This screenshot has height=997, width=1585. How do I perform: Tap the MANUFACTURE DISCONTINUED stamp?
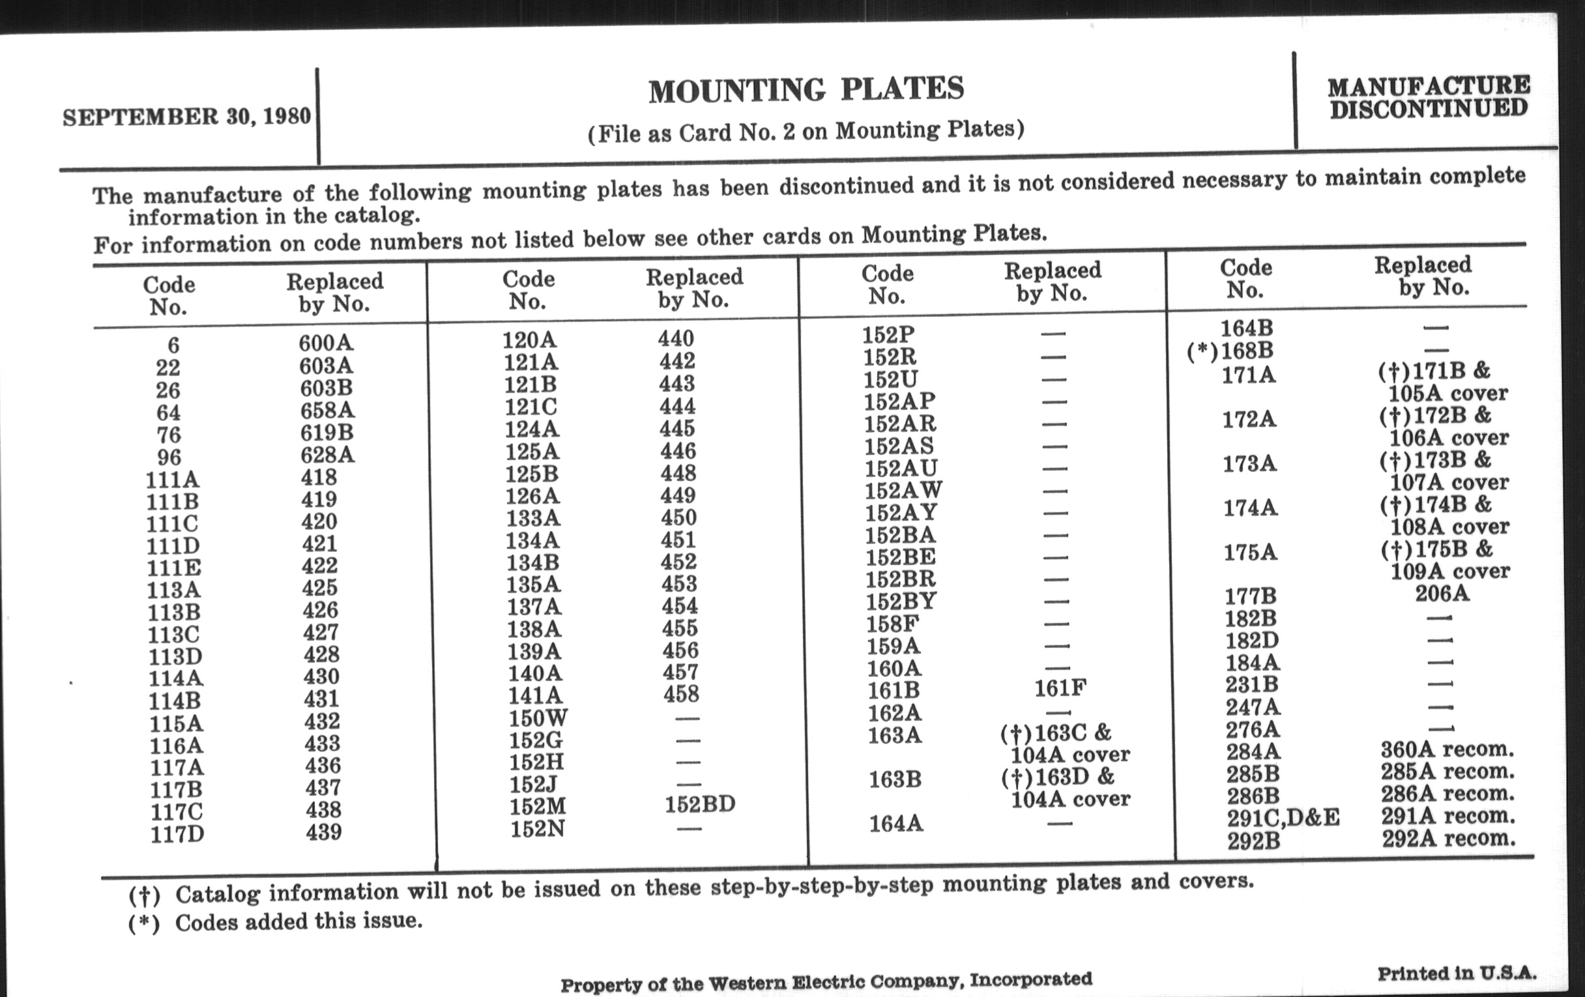[x=1429, y=98]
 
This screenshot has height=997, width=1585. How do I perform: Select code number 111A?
[x=172, y=480]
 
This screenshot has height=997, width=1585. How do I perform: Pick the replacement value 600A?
[x=326, y=343]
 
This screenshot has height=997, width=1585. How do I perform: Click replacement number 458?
[x=680, y=694]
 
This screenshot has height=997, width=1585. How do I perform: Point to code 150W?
[x=537, y=717]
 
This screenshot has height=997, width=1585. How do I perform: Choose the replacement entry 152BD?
[x=699, y=804]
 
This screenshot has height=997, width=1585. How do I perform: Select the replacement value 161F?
[x=1059, y=688]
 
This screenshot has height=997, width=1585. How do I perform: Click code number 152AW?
[x=903, y=490]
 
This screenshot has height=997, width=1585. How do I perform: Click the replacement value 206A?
[x=1442, y=594]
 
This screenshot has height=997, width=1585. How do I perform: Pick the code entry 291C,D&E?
[x=1282, y=818]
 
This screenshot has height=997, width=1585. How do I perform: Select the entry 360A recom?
[x=1447, y=749]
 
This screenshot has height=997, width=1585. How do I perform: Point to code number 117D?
[x=177, y=835]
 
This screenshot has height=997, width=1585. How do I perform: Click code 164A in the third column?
[x=895, y=824]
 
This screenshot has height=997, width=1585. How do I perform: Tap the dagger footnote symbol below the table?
[x=144, y=895]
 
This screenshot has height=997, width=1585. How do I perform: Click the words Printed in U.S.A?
[x=1457, y=974]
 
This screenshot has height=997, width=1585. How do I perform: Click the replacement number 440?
[x=675, y=338]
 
